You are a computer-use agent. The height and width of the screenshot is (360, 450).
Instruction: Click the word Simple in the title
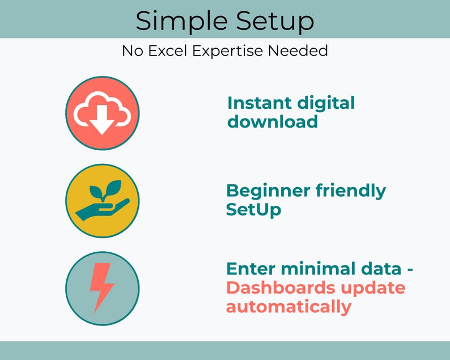coord(182,21)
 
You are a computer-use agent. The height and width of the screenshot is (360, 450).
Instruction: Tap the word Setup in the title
coord(275,21)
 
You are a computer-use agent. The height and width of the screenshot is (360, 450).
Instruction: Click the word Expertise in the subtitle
coord(228,52)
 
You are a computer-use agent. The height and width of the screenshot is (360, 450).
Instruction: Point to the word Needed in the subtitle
coord(298,50)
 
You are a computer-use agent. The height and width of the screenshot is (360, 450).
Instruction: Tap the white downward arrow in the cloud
coord(102,120)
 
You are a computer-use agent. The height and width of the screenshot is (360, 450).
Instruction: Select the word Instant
coord(259,103)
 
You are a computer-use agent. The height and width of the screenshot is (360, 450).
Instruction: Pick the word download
coord(273,121)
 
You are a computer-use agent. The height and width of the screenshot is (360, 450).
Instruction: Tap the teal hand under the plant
coord(102,210)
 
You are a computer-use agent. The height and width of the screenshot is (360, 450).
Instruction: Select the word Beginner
coord(268,191)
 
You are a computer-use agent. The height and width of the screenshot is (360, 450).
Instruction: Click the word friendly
coord(351,192)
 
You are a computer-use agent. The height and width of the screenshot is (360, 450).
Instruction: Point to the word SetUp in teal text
coord(253,210)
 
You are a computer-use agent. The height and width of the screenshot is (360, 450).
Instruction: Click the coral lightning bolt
coord(101,287)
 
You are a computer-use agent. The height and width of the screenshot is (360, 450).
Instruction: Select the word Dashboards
coord(281,288)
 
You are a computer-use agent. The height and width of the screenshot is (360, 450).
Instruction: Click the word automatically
coord(288,307)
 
